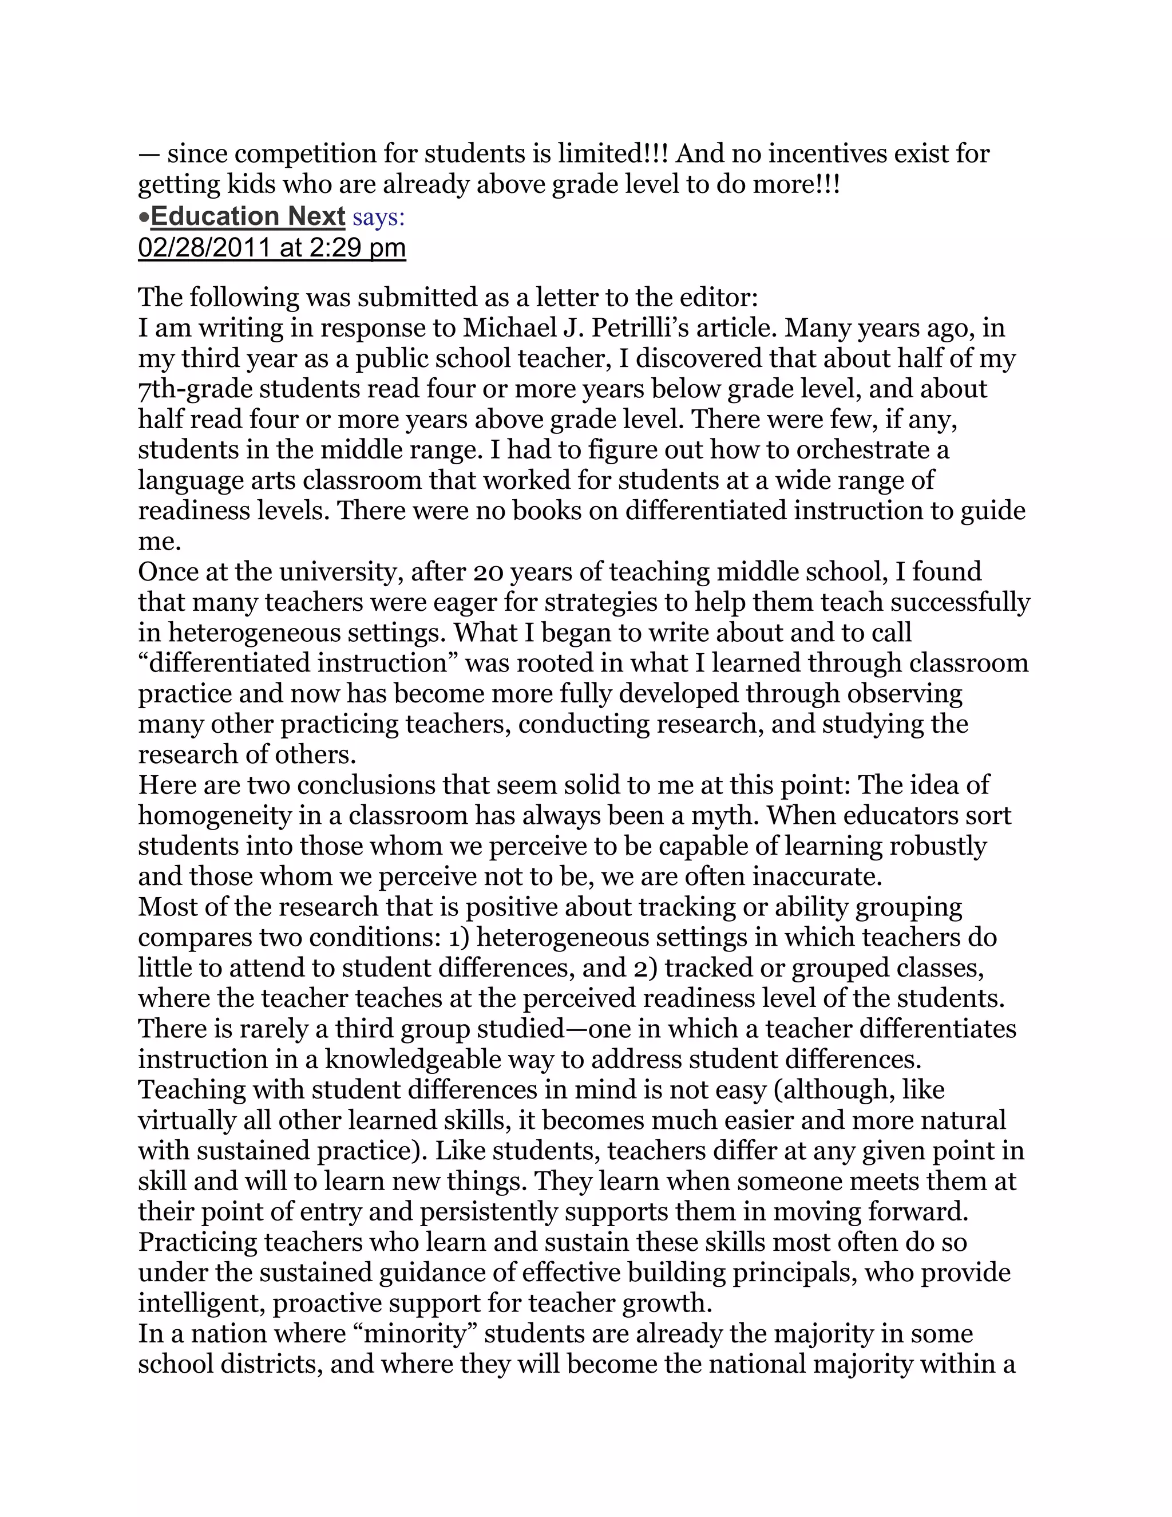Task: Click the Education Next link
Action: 248,217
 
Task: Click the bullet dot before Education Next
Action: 144,218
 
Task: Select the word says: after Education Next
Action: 378,218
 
